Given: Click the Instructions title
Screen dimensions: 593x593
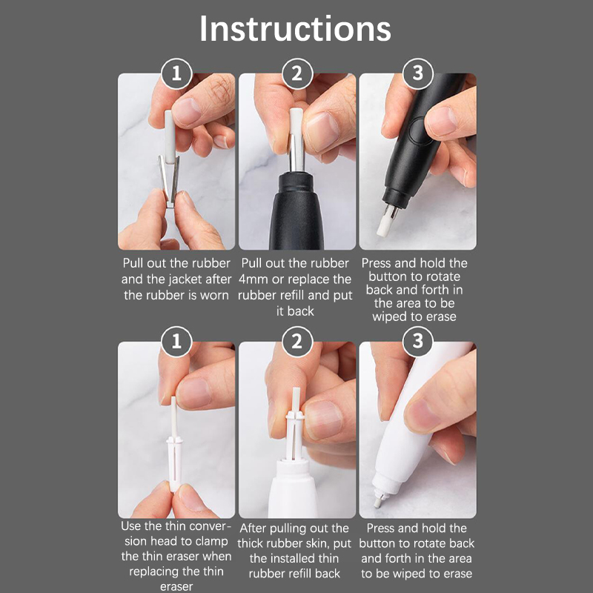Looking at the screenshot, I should pos(295,29).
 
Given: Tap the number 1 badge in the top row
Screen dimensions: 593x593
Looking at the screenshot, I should pos(176,73).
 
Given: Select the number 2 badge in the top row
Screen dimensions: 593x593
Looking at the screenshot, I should pos(296,73).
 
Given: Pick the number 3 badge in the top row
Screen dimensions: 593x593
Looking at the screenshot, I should pos(417,73).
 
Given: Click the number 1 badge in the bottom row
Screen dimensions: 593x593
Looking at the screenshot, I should pos(176,342).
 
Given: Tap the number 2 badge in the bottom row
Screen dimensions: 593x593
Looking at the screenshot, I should pos(296,342).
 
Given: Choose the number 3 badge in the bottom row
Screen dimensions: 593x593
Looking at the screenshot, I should pos(417,342).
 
